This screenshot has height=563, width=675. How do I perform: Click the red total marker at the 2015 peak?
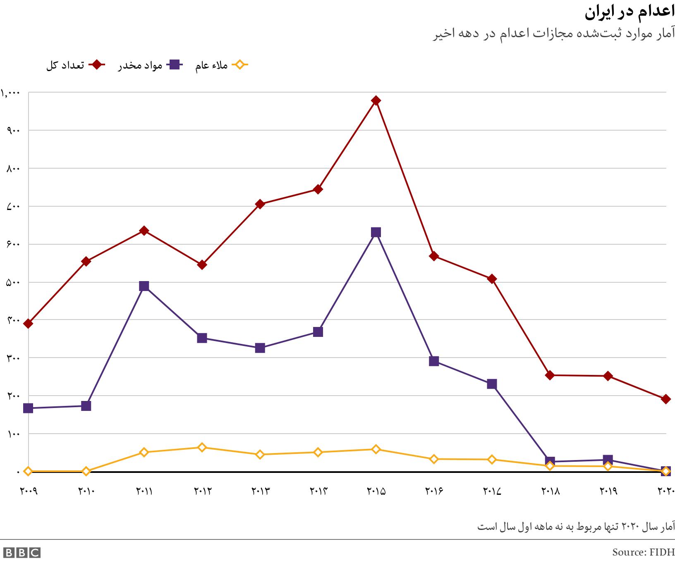(x=376, y=101)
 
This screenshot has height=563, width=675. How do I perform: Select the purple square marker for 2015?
(x=376, y=232)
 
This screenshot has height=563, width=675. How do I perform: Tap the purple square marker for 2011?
(x=144, y=286)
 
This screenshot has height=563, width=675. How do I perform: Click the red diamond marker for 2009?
(x=28, y=323)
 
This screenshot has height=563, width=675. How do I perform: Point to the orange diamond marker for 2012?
(x=202, y=447)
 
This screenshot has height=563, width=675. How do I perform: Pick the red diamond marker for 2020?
(x=666, y=399)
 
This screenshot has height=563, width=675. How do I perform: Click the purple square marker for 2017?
(x=492, y=384)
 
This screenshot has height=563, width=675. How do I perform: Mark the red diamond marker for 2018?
(x=550, y=375)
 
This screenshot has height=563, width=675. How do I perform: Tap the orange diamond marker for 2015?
(x=376, y=449)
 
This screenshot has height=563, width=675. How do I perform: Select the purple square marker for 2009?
(x=28, y=408)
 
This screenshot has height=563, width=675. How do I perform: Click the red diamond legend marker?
(x=97, y=65)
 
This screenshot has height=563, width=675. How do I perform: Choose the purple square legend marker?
(x=175, y=65)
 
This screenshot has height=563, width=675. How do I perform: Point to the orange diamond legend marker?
(x=239, y=65)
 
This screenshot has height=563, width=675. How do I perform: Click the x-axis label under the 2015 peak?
(x=376, y=491)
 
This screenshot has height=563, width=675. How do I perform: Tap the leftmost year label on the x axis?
(x=29, y=491)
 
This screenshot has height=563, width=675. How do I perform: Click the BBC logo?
(x=21, y=553)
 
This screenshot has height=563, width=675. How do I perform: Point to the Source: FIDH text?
(x=643, y=552)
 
